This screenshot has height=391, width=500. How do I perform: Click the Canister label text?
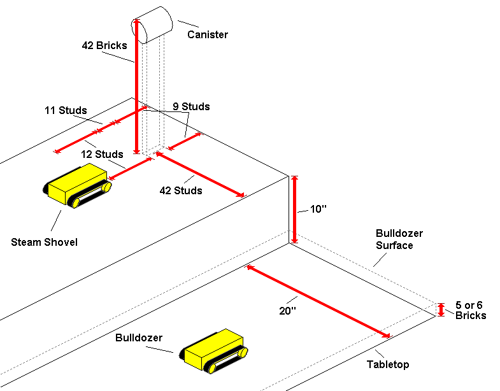(207, 34)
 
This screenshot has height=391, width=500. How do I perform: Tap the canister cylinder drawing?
(152, 24)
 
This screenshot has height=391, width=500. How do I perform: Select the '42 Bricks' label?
(104, 46)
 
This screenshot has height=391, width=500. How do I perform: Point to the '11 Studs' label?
(66, 111)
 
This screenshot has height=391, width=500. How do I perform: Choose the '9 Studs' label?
(192, 106)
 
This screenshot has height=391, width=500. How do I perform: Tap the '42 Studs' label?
(181, 190)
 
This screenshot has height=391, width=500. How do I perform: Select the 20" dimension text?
(288, 311)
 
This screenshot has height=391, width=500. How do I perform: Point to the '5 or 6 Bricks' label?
(471, 311)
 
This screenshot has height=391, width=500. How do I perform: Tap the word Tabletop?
(388, 365)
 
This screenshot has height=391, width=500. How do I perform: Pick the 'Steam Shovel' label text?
(44, 242)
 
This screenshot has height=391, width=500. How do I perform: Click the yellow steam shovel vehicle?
(78, 184)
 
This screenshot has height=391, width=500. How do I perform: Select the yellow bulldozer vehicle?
(213, 350)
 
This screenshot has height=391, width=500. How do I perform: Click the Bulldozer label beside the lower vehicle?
(139, 337)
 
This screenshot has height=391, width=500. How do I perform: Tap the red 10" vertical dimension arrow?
(294, 210)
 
